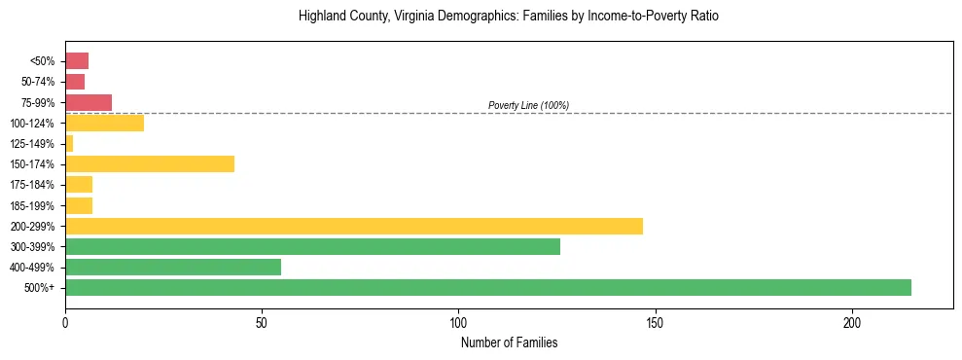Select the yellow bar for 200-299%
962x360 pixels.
pos(354,227)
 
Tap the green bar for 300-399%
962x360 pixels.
pos(312,247)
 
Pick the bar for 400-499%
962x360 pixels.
pos(173,268)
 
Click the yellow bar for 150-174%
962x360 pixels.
pos(150,164)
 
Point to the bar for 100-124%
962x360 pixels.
pos(104,124)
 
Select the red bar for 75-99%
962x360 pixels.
pos(89,102)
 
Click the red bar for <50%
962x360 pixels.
pos(77,61)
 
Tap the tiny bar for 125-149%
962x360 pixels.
pos(69,144)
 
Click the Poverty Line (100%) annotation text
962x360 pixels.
pos(528,105)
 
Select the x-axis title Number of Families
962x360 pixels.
pos(509,343)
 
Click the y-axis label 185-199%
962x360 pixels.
pos(32,206)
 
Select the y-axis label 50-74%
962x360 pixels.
pos(38,82)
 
